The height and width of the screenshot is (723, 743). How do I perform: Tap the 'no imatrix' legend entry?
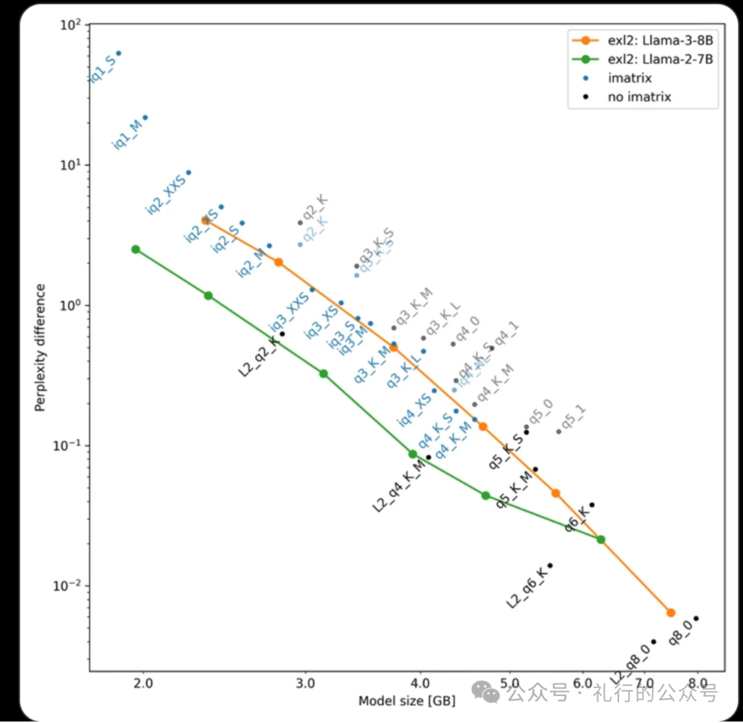point(639,97)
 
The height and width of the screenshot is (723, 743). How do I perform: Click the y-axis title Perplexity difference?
point(41,347)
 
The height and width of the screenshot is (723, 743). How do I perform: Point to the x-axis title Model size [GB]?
point(406,701)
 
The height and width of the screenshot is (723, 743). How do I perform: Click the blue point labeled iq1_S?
point(118,53)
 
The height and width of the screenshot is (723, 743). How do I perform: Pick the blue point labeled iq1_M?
point(144,118)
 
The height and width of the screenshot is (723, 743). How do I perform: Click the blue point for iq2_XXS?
point(189,173)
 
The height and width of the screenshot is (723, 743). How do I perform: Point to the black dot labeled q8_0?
point(696,619)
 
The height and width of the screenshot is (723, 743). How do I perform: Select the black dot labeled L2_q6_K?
point(550,566)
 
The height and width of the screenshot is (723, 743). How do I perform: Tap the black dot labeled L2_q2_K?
point(282,334)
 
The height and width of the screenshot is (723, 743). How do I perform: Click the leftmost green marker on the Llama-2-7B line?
point(136,249)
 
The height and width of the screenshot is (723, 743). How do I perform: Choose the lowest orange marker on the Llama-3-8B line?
point(671,612)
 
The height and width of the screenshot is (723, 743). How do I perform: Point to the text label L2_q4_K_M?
point(400,487)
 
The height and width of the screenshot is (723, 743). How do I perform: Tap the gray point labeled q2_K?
point(300,222)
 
